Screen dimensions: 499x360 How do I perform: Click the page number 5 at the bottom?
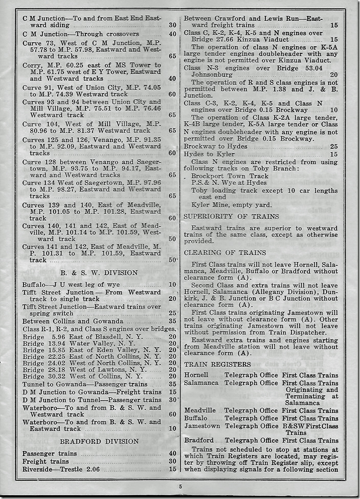click(x=180, y=486)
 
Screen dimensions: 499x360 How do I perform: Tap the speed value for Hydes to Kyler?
click(x=334, y=154)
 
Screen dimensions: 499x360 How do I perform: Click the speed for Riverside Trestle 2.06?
click(x=172, y=469)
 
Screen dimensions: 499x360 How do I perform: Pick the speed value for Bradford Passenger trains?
click(x=172, y=453)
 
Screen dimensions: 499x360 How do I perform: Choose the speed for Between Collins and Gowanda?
click(x=172, y=321)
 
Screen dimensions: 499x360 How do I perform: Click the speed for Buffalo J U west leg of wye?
click(x=172, y=285)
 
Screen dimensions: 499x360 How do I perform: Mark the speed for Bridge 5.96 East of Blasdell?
click(x=172, y=337)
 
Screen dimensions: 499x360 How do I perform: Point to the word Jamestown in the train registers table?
click(x=202, y=426)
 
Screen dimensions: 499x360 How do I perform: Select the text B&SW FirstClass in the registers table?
click(x=310, y=426)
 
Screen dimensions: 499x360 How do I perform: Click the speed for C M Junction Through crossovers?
click(x=172, y=35)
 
